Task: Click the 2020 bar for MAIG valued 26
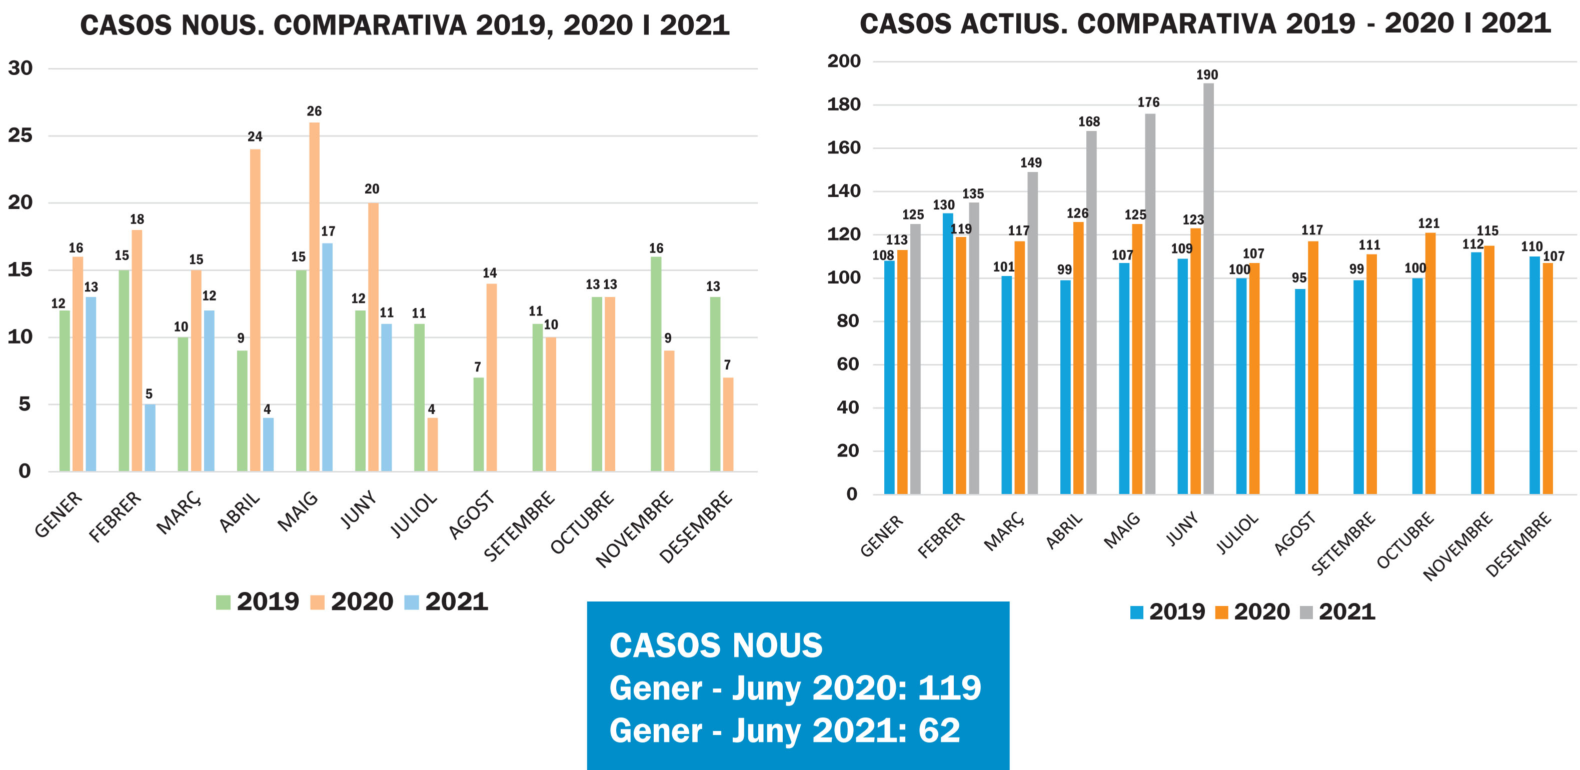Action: (x=314, y=297)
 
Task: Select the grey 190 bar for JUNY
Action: (x=1208, y=288)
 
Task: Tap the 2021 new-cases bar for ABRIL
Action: (x=268, y=444)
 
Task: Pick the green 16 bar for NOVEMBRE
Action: (x=656, y=364)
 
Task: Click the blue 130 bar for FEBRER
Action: (x=948, y=353)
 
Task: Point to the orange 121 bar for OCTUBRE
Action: (x=1430, y=363)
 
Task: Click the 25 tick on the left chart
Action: (x=20, y=135)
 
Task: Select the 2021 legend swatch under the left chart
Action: (x=412, y=602)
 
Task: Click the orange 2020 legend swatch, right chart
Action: (x=1221, y=612)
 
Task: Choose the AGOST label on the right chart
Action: (x=1295, y=533)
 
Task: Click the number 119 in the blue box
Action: (x=949, y=688)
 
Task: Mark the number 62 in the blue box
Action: (x=939, y=731)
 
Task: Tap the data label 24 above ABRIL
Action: (x=255, y=136)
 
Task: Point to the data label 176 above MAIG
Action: (x=1148, y=102)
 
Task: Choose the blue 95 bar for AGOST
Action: (x=1300, y=391)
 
